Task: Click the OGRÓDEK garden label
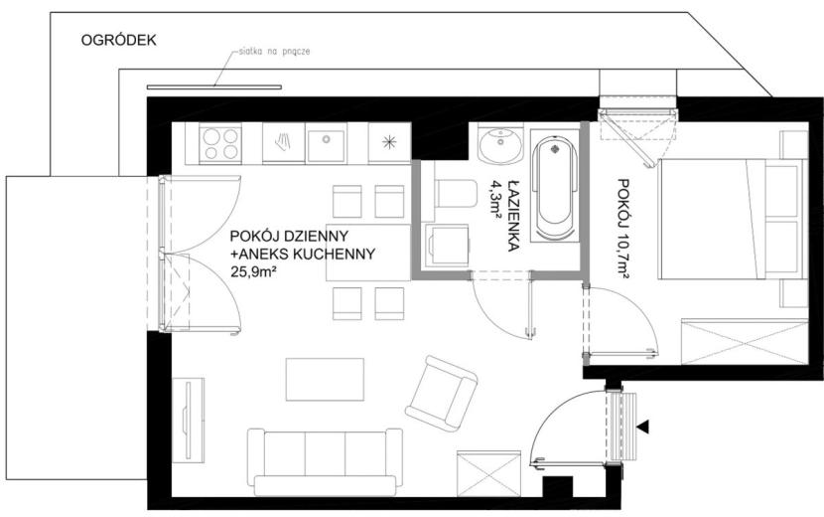coord(118,41)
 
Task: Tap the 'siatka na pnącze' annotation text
coord(274,52)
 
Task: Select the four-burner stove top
coord(220,144)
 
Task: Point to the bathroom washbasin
coord(500,144)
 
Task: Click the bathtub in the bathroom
coord(554,188)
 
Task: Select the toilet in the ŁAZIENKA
coord(455,193)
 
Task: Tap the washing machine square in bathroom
coord(447,246)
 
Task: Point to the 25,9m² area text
coord(254,271)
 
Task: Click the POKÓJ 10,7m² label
coord(623,229)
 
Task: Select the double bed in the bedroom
coord(732,219)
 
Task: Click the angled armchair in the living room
coord(442,394)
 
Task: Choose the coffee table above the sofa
coord(325,380)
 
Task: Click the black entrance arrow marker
coord(642,427)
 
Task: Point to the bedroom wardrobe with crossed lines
coord(745,341)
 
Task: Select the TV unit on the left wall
coord(189,420)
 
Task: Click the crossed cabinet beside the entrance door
coord(488,473)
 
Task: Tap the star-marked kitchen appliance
coord(389,143)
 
